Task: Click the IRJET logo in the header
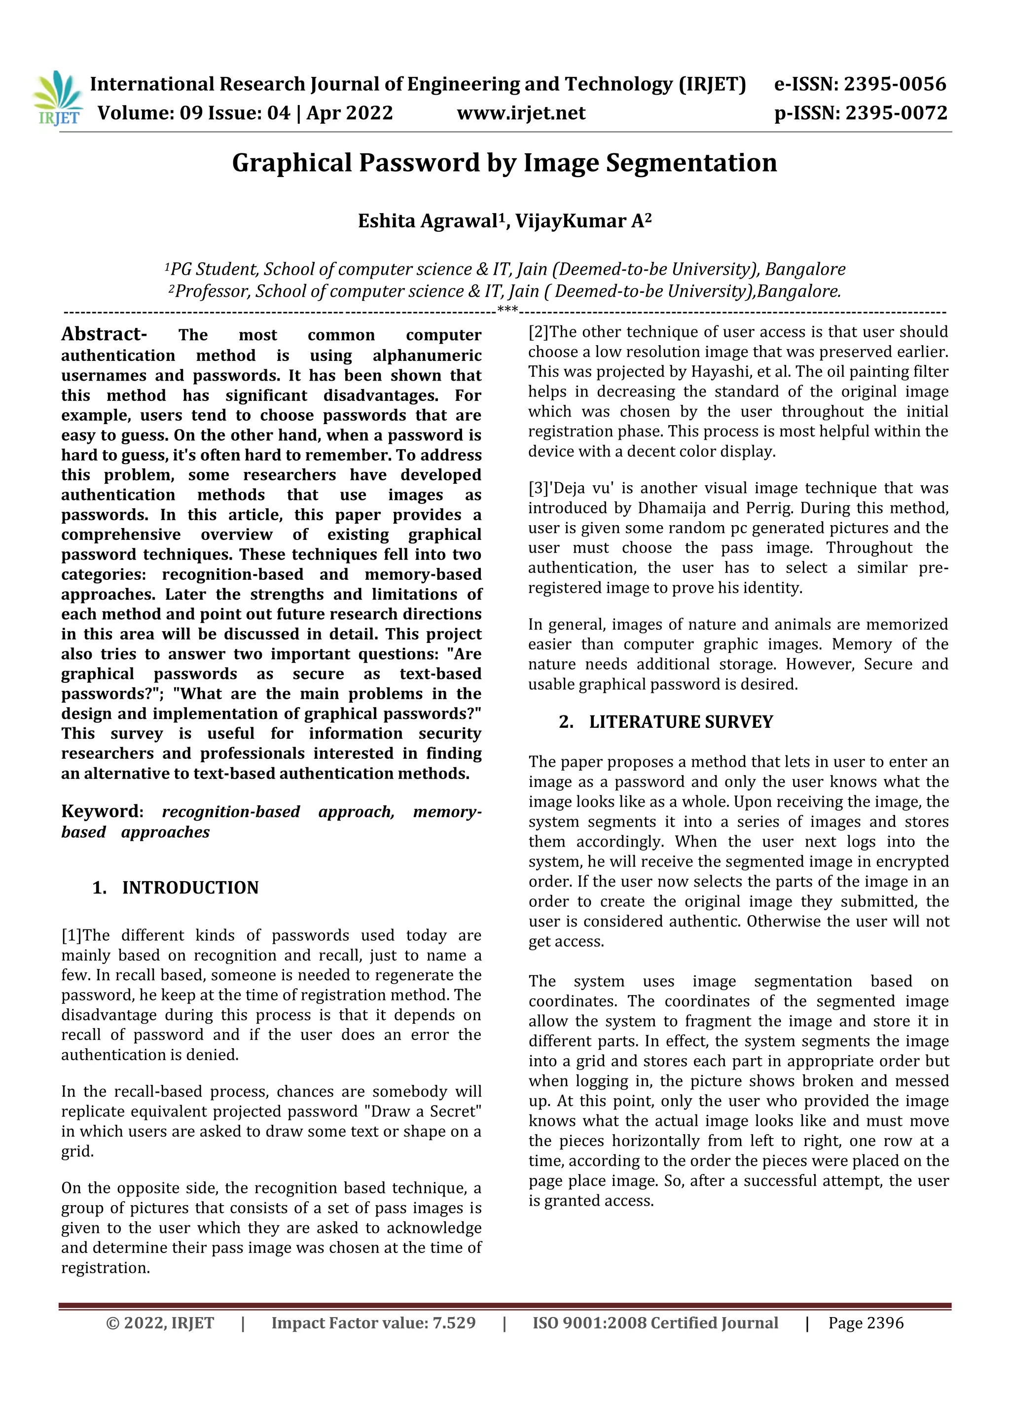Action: (57, 98)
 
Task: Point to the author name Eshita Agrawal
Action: (428, 221)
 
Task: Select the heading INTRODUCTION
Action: (190, 888)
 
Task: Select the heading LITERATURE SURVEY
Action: (681, 721)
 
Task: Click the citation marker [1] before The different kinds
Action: (72, 935)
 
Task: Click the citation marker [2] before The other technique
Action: (539, 332)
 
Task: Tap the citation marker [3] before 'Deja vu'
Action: (539, 488)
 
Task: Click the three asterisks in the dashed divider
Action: (507, 309)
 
